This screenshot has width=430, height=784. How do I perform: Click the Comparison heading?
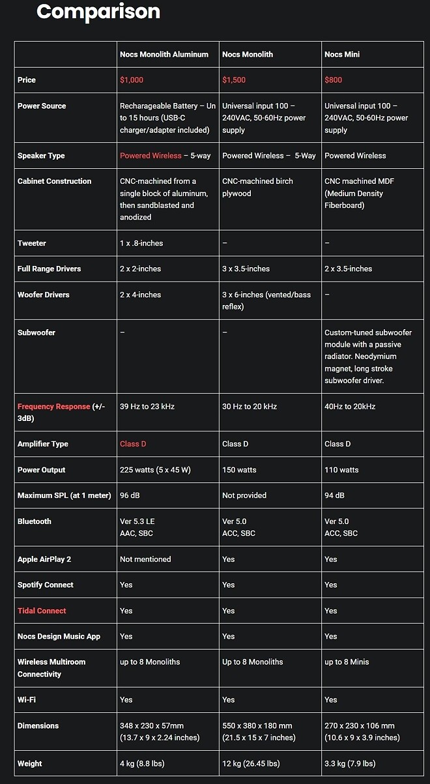pyautogui.click(x=98, y=12)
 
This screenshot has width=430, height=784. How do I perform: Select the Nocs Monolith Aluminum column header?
pyautogui.click(x=164, y=55)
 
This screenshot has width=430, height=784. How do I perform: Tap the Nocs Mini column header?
pyautogui.click(x=342, y=55)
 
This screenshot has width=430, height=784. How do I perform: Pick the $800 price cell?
pyautogui.click(x=333, y=80)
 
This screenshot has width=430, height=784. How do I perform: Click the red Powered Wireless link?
pyautogui.click(x=150, y=156)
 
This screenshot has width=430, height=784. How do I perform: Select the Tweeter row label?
pyautogui.click(x=32, y=243)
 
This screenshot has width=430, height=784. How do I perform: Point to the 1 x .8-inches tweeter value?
pyautogui.click(x=141, y=243)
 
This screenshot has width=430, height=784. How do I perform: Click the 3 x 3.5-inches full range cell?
pyautogui.click(x=246, y=269)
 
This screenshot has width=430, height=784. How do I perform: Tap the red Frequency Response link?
pyautogui.click(x=53, y=407)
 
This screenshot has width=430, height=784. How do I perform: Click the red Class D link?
pyautogui.click(x=133, y=444)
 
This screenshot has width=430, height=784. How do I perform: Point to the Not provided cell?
pyautogui.click(x=244, y=495)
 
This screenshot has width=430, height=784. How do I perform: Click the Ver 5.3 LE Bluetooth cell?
pyautogui.click(x=137, y=521)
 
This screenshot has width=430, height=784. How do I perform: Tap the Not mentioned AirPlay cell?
pyautogui.click(x=145, y=559)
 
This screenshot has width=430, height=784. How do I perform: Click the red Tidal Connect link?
pyautogui.click(x=42, y=611)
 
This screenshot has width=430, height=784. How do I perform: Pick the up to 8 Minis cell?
pyautogui.click(x=347, y=662)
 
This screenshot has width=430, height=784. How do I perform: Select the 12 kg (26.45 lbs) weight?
pyautogui.click(x=251, y=764)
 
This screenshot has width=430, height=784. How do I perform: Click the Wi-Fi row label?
pyautogui.click(x=27, y=700)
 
